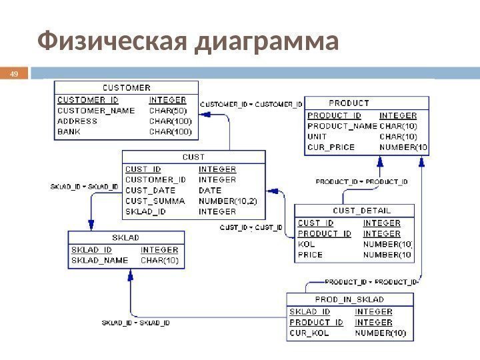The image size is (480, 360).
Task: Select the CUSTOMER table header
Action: (x=126, y=87)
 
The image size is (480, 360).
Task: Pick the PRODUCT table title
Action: (x=349, y=103)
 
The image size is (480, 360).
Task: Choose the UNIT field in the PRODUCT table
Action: (x=317, y=136)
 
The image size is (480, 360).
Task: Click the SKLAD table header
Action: (x=125, y=237)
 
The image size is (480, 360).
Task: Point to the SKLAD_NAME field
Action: (x=100, y=260)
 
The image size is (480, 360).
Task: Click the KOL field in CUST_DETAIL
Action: (x=305, y=244)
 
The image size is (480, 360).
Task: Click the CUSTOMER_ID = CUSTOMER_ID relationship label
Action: (x=251, y=104)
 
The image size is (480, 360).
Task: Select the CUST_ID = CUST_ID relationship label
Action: (x=251, y=228)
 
